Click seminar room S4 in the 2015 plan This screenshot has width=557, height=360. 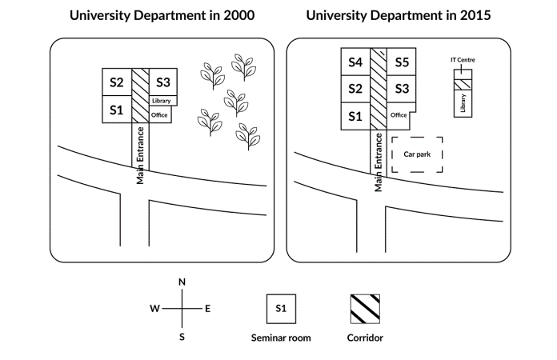point(355,62)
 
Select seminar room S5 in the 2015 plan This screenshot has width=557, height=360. point(402,62)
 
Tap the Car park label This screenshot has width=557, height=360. point(417,154)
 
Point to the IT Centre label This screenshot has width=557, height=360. point(463,60)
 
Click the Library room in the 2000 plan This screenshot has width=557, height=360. point(163,101)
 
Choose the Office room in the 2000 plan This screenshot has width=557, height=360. point(160,114)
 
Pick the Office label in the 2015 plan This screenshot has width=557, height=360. point(399,115)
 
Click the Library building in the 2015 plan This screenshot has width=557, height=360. point(463,103)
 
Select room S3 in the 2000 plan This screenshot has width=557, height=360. point(163,82)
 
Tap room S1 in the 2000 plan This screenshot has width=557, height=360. point(117,110)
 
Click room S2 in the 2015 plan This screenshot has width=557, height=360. point(355,89)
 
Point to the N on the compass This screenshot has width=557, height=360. point(182,282)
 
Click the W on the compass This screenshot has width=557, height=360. point(154,309)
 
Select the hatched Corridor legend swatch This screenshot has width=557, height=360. point(365,309)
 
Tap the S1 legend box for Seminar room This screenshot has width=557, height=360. point(281,309)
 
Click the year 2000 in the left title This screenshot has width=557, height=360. point(238,15)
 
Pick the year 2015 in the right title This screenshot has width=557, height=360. point(475,15)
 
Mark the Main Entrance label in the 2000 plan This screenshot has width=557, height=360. point(140,155)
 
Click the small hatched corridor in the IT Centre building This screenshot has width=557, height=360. point(463,85)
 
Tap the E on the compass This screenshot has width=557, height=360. point(208,309)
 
